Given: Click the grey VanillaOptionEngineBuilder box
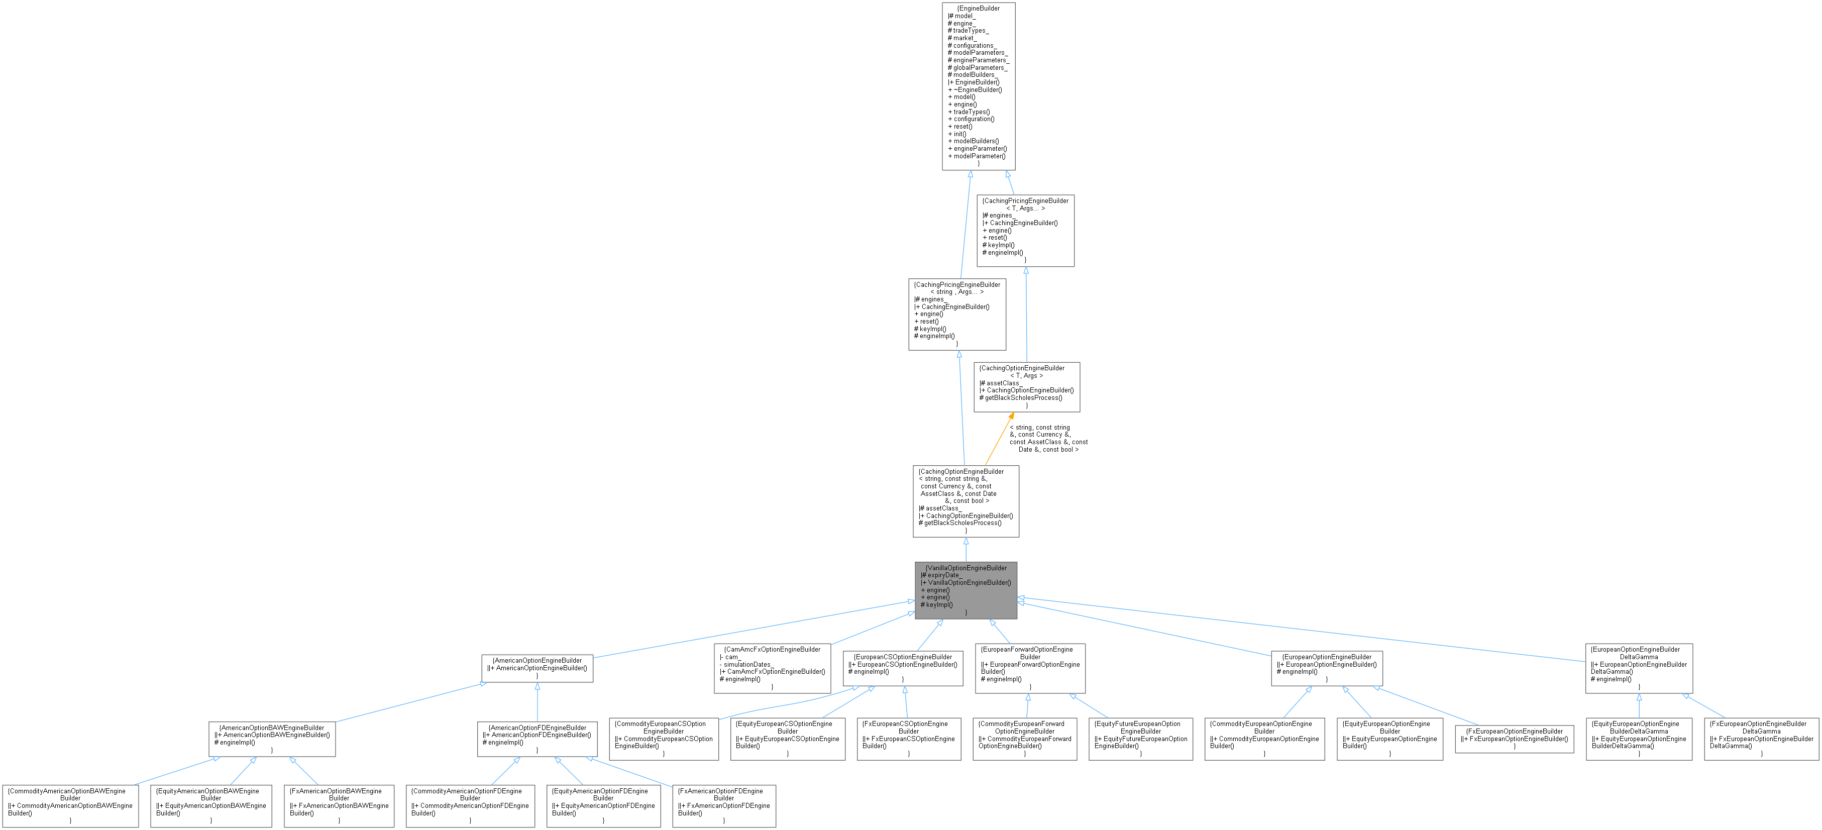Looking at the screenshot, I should (x=966, y=590).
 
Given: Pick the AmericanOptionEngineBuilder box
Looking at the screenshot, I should (x=537, y=667).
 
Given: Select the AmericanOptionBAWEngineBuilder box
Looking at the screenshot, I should (x=272, y=738).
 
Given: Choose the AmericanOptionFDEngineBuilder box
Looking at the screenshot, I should (x=537, y=738).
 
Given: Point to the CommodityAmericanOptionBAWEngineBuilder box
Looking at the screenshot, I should (x=70, y=805).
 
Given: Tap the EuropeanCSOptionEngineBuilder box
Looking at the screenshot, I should (x=903, y=667).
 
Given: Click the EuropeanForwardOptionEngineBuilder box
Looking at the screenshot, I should (x=1030, y=667).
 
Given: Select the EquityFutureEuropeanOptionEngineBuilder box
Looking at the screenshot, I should (x=1141, y=739).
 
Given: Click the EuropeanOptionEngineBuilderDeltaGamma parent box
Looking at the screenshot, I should (x=1639, y=667).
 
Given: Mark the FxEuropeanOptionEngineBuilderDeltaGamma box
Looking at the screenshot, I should (x=1761, y=739).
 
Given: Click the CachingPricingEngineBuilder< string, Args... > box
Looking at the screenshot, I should (x=957, y=314).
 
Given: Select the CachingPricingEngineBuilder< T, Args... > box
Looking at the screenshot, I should (x=1026, y=230).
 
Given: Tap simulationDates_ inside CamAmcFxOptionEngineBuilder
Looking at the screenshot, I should (x=749, y=664).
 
